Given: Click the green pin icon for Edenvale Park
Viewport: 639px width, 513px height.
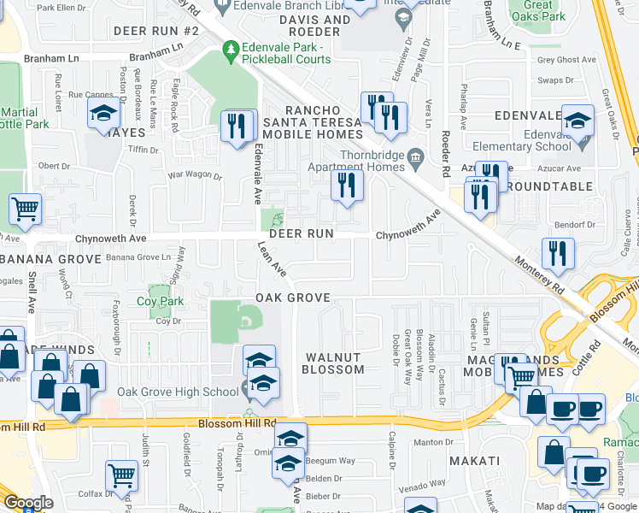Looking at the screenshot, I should click(229, 52).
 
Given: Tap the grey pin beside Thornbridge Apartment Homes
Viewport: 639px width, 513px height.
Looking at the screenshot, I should click(416, 156).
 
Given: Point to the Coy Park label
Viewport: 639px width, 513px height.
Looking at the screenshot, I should click(161, 302).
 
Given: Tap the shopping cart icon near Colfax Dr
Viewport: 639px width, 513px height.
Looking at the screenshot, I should click(121, 476).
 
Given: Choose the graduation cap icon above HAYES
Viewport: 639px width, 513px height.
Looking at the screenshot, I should click(103, 113).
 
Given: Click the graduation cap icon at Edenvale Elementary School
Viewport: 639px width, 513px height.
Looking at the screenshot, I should click(577, 121).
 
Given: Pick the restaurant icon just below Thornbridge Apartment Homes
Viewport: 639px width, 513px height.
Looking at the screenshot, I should click(347, 185).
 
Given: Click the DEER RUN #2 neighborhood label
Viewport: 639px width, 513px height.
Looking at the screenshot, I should click(156, 31).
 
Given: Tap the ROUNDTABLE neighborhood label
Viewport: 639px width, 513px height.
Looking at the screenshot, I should click(549, 186).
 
